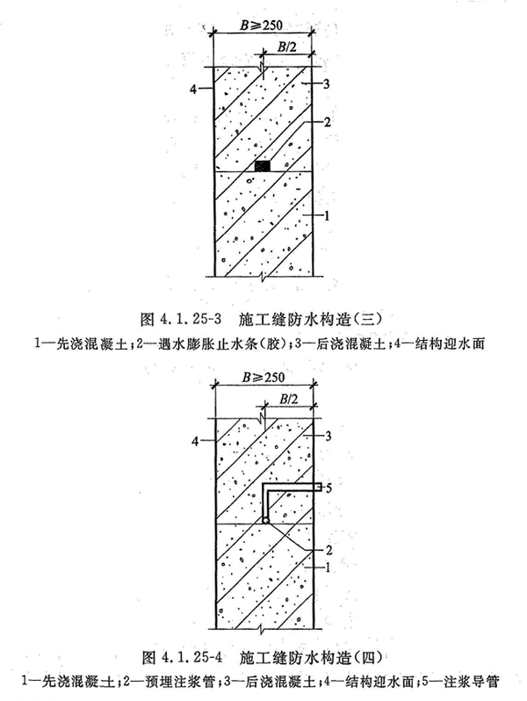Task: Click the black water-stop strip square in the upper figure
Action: coord(263,166)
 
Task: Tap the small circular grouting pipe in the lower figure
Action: coord(265,520)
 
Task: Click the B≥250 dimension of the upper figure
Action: coord(262,25)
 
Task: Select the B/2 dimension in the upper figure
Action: coord(287,47)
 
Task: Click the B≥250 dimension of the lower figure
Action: coord(263,377)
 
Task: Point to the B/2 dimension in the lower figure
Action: coord(289,399)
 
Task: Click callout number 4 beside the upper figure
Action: coord(193,90)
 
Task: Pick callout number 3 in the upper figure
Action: coord(327,83)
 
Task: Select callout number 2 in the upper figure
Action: coord(328,121)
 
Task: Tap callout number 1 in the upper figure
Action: coord(327,216)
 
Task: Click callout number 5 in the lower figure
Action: coord(328,488)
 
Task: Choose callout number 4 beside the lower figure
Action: coord(195,441)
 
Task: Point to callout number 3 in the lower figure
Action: coord(328,436)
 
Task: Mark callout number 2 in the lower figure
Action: coord(328,550)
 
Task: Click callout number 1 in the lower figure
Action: coord(328,567)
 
